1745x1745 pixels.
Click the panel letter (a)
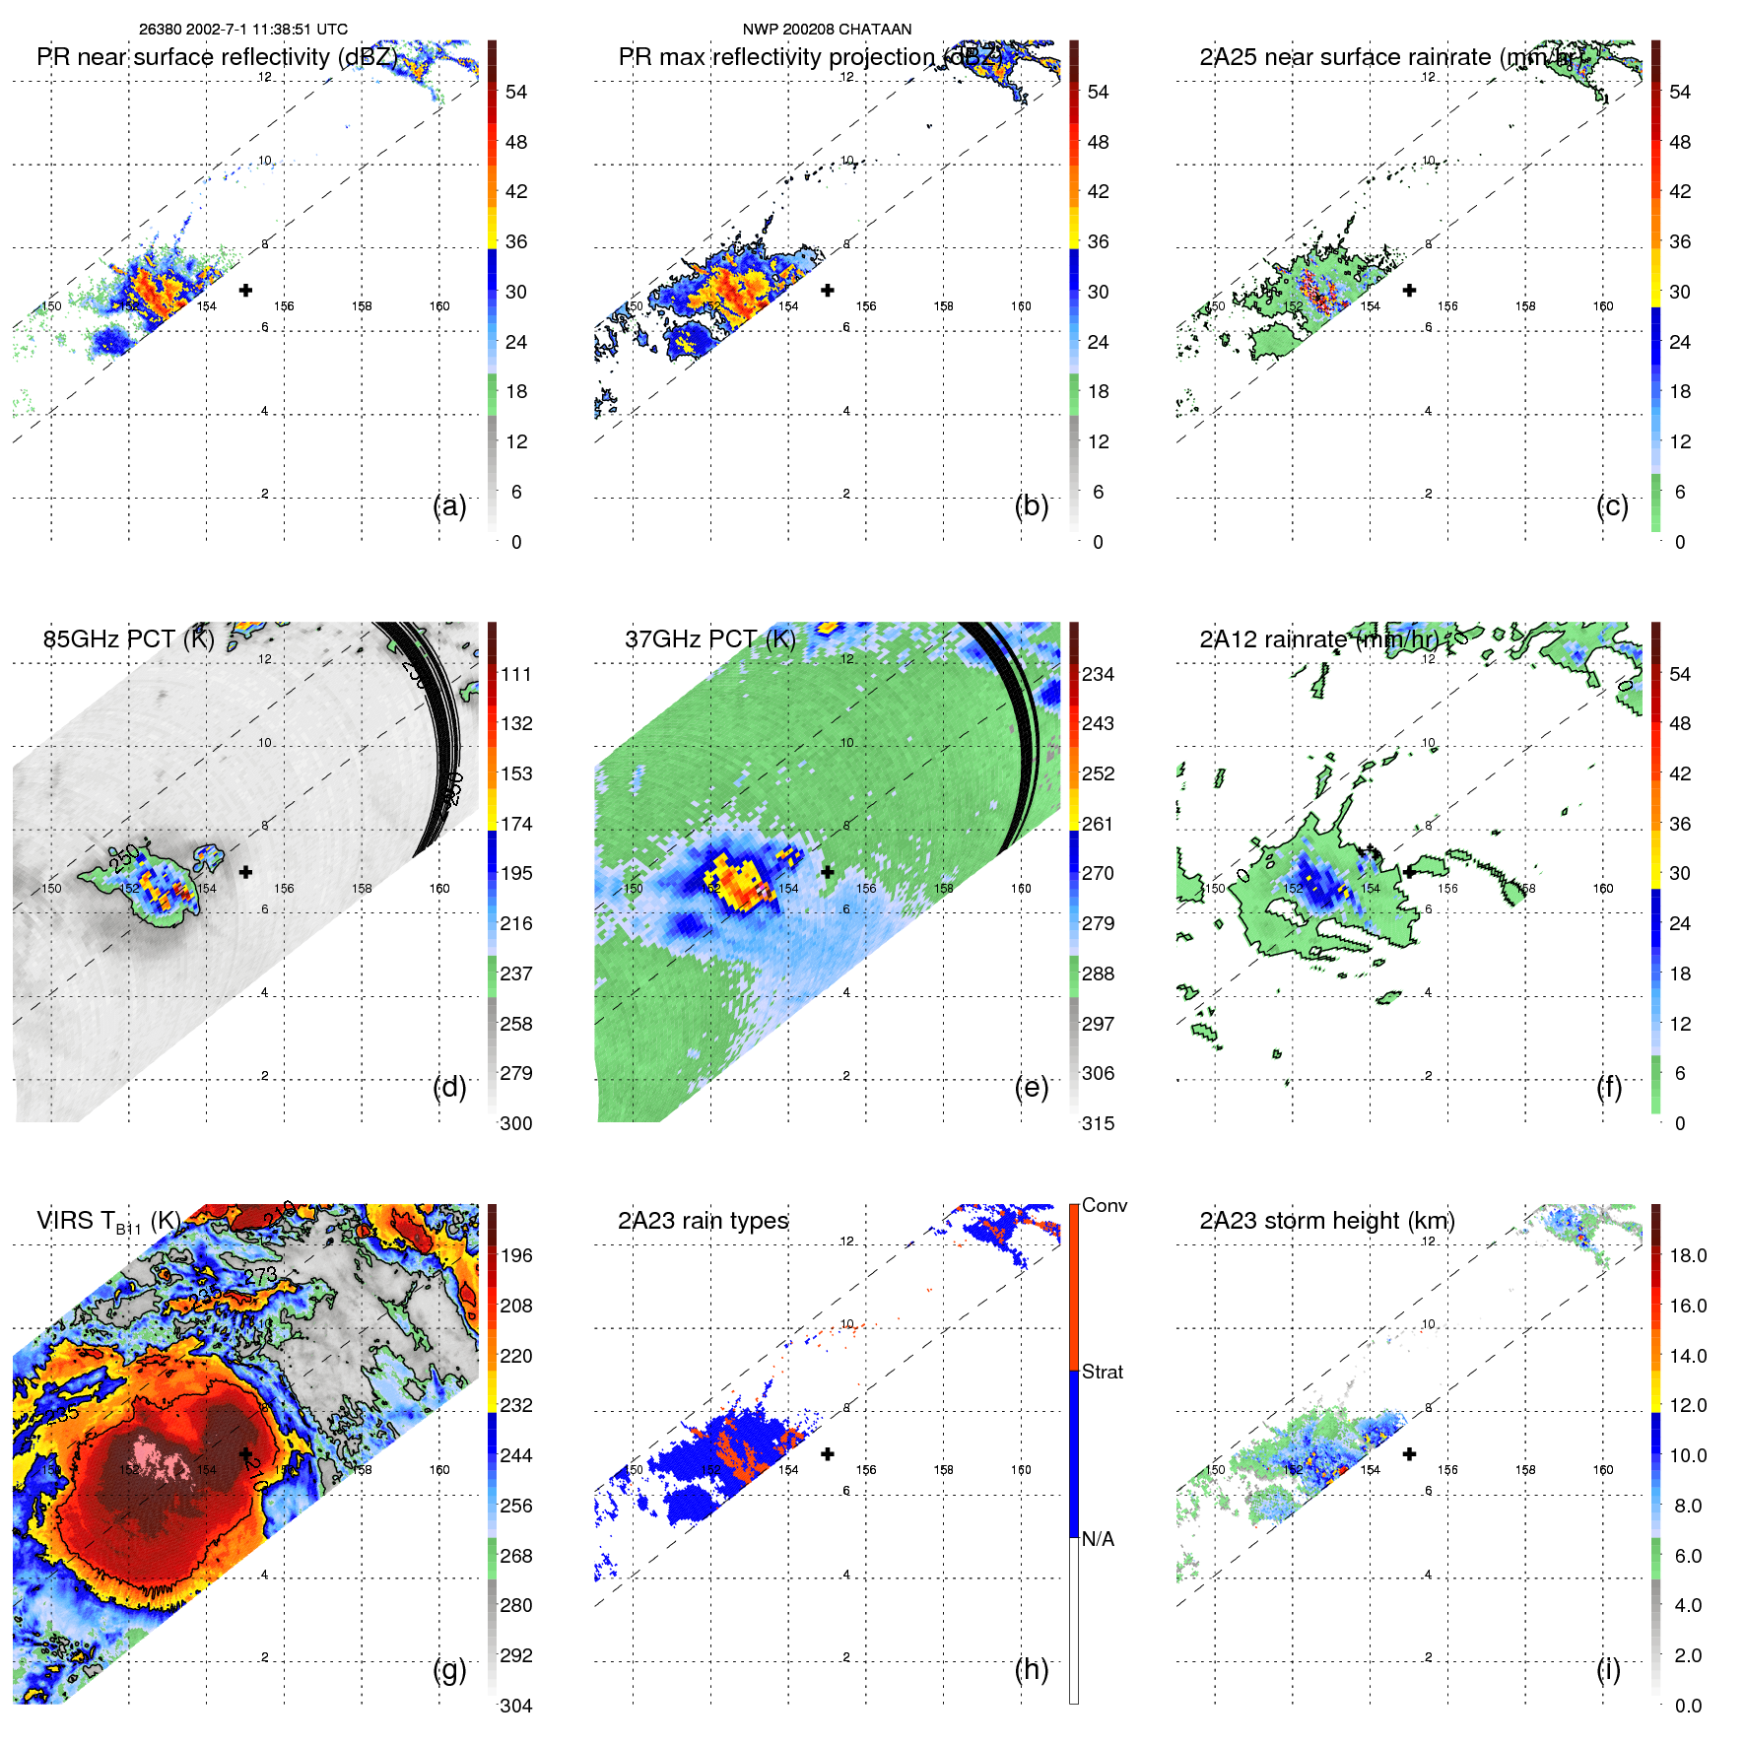[x=449, y=506]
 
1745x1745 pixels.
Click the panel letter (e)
[x=1032, y=1088]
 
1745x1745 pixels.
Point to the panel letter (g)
[x=449, y=1669]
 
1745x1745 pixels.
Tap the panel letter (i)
[x=1608, y=1669]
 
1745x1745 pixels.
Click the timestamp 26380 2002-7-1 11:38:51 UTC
[x=243, y=30]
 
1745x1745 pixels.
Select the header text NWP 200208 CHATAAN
[x=827, y=30]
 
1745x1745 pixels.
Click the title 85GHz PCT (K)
[x=128, y=639]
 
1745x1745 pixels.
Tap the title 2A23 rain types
[x=703, y=1221]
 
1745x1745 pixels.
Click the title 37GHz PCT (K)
[x=709, y=639]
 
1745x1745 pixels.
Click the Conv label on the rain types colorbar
[x=1105, y=1205]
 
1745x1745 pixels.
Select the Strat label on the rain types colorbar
[x=1103, y=1372]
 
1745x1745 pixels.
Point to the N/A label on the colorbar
[x=1099, y=1539]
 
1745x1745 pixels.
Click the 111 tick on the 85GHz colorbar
[x=516, y=674]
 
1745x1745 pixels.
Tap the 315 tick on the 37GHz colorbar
[x=1098, y=1123]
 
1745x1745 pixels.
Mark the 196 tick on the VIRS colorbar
[x=516, y=1255]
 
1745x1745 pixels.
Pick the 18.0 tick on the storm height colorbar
[x=1688, y=1255]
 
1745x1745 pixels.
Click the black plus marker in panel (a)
[x=245, y=290]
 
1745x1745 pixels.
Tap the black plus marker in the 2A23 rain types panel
[x=828, y=1453]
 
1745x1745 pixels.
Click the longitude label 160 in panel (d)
[x=439, y=888]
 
